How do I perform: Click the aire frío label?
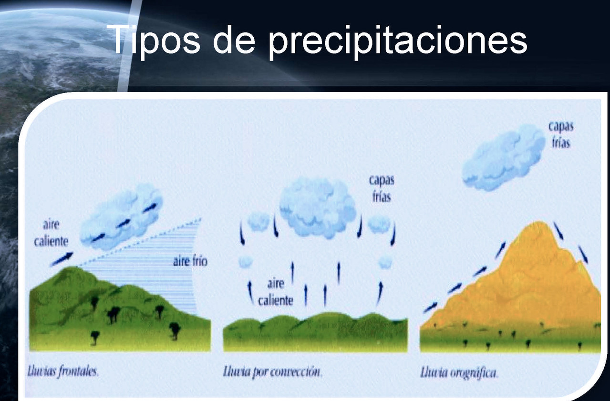(190, 261)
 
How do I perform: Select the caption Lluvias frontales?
(62, 372)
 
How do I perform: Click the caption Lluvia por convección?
(272, 372)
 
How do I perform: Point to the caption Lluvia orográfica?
(459, 372)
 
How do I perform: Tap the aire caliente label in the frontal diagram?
(51, 233)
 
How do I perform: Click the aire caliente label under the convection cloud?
(275, 292)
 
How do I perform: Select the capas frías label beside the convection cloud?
(381, 189)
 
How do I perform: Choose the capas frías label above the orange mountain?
(561, 134)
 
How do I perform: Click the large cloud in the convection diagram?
(318, 207)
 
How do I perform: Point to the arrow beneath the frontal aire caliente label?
(62, 258)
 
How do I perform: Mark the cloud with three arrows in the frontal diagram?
(122, 216)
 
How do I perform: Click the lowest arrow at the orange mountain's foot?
(430, 307)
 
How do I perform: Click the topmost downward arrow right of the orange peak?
(558, 231)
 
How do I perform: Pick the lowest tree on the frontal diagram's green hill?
(95, 338)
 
